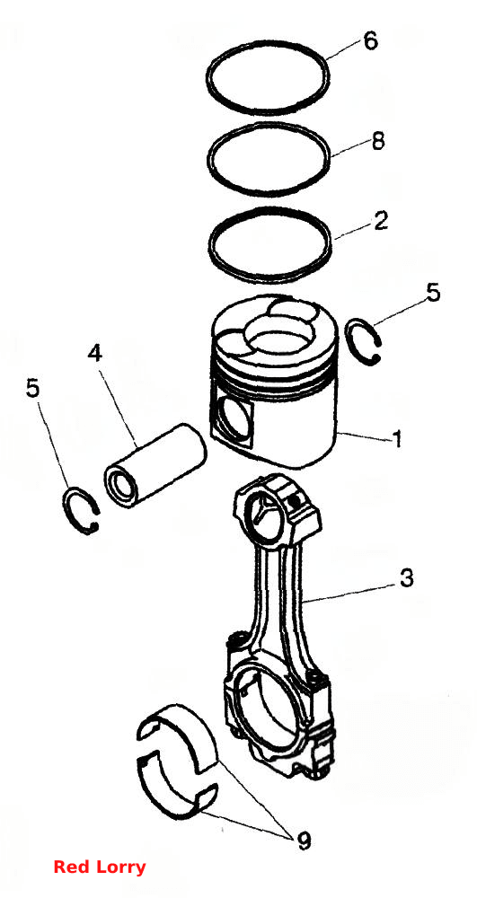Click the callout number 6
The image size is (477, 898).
[370, 41]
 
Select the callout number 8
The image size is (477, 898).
[378, 141]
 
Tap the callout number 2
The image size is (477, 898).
[381, 221]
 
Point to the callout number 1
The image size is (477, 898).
[396, 439]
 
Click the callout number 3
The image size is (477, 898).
[406, 578]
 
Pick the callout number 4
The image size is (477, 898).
[94, 353]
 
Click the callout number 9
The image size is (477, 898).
[303, 841]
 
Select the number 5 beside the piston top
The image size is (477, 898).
[433, 293]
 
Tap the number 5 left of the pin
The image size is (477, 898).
[33, 388]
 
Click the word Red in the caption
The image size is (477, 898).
[70, 867]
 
